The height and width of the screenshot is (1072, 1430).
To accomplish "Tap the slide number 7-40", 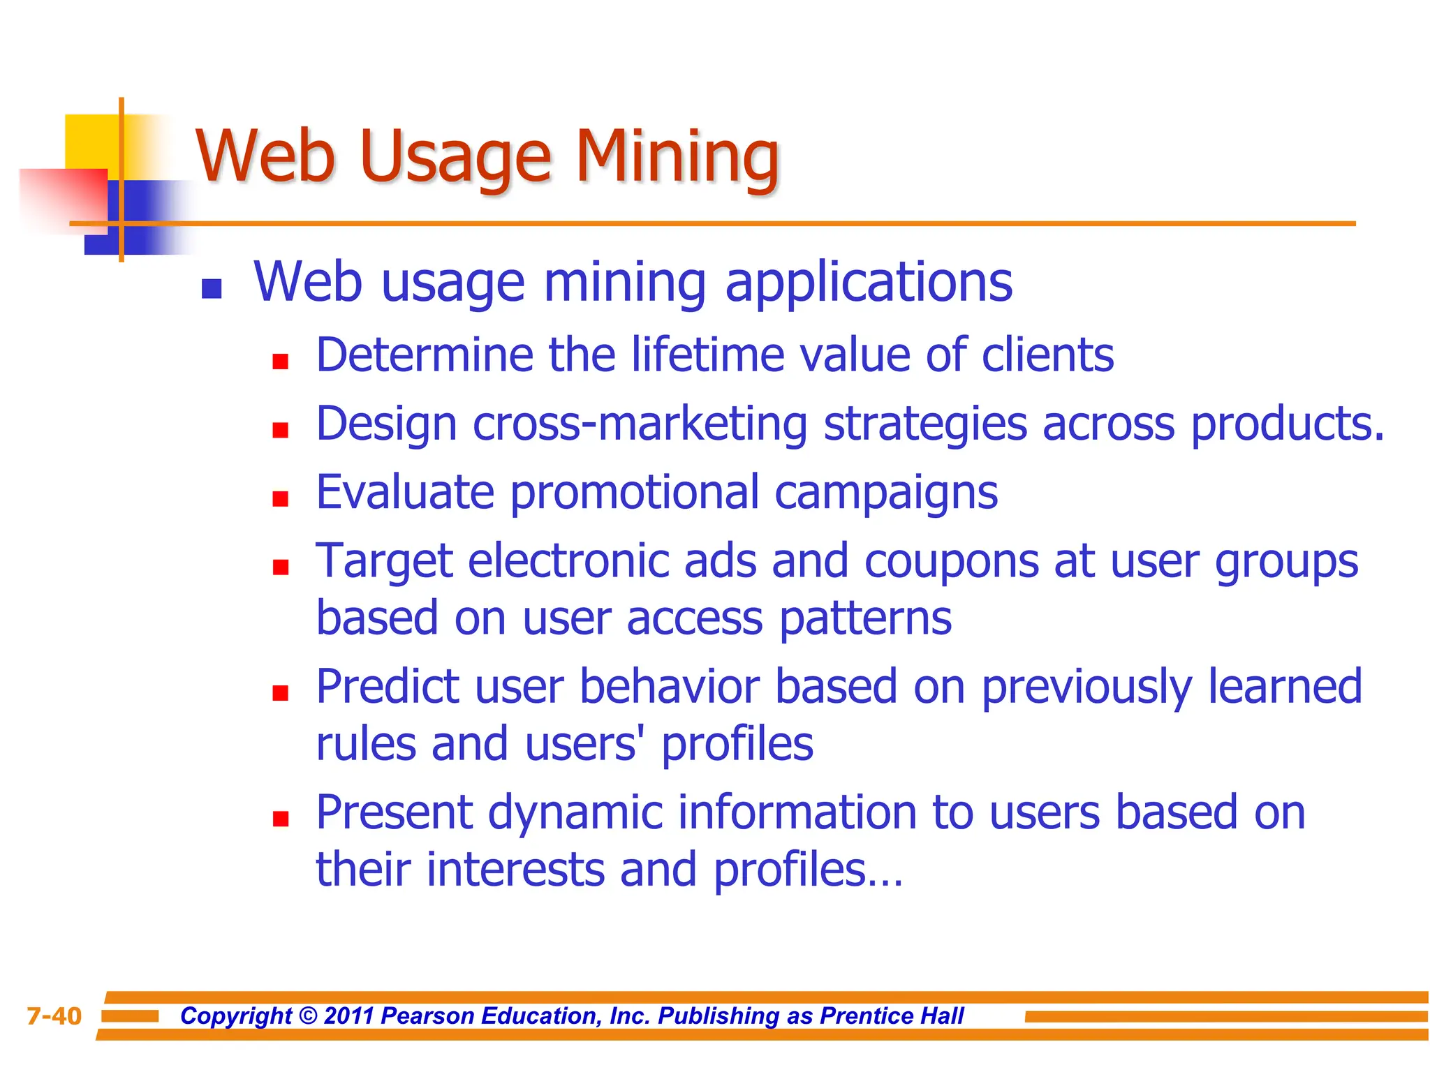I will coord(54,1016).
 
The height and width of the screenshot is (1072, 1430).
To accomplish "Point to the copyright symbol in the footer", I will coord(307,1016).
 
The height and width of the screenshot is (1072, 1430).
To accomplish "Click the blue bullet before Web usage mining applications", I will coord(212,289).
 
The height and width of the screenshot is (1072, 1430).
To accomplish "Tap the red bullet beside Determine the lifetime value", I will coord(281,362).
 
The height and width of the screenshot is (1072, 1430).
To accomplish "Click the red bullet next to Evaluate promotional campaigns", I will coord(281,498).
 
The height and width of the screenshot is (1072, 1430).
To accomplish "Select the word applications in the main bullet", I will coord(869,283).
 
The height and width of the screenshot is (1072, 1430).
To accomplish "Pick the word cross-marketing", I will coord(640,424).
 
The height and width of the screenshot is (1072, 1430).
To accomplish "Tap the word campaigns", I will coord(886,493).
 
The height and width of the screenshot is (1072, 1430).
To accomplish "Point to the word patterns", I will coord(865,618).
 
